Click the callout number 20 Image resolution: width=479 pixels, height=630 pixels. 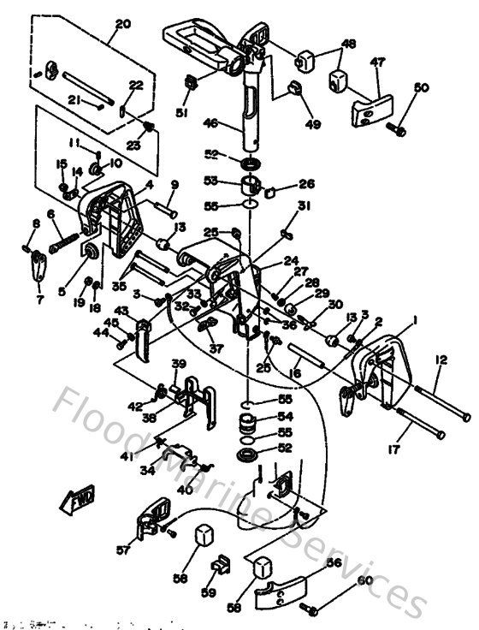(x=123, y=23)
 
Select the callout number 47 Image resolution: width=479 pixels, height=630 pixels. (x=377, y=62)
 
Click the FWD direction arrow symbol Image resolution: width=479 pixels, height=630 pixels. (x=78, y=502)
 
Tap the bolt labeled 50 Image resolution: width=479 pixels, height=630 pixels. (x=395, y=128)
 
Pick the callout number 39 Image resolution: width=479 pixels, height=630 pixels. (x=177, y=364)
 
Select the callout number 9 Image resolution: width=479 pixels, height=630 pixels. (x=174, y=185)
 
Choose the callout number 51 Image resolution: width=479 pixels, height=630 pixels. (x=180, y=112)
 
